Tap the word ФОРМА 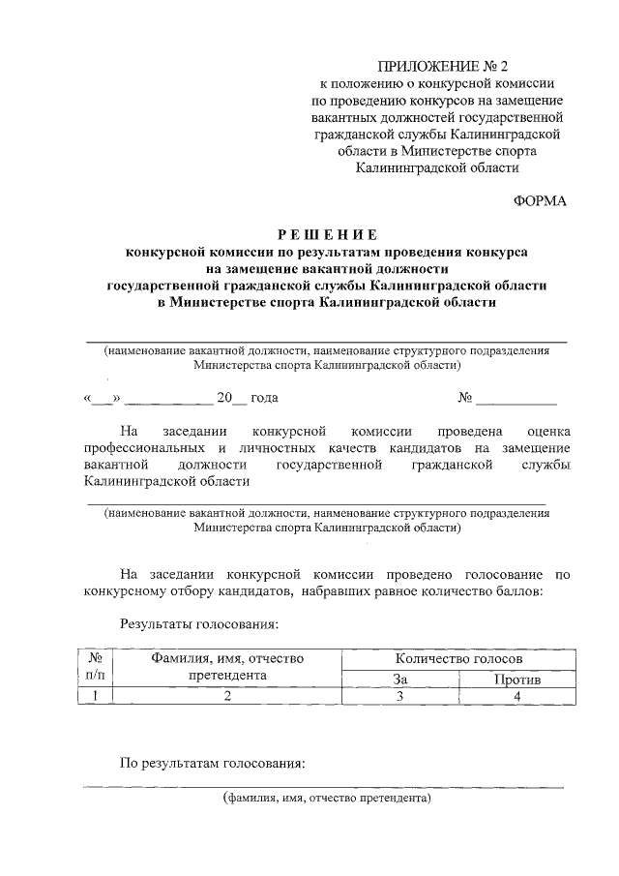point(540,200)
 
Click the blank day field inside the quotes point(103,398)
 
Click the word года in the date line point(264,398)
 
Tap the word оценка point(545,431)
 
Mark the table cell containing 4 point(516,696)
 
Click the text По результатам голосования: point(212,763)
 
